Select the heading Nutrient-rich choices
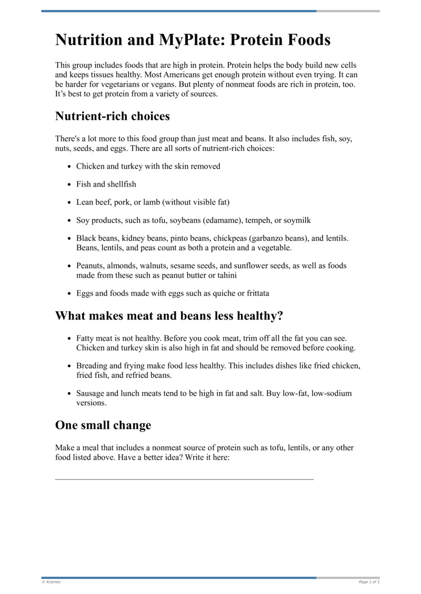112,116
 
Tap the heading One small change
103,425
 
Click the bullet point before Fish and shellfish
70,185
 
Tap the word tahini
224,275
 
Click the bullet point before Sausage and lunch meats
70,394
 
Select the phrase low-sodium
331,393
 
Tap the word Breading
92,366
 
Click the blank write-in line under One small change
184,478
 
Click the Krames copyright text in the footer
51,582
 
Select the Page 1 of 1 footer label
369,582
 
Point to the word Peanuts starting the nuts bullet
90,266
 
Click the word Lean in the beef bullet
85,202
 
